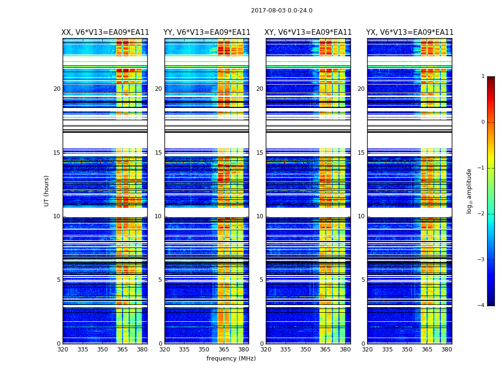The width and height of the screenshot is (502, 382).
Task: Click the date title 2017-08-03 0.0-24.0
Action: pos(282,11)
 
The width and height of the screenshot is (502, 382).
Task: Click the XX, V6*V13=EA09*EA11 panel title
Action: pos(105,32)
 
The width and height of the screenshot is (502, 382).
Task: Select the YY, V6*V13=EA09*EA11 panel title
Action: pos(207,32)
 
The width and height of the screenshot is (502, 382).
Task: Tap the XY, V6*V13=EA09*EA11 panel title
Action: pos(308,32)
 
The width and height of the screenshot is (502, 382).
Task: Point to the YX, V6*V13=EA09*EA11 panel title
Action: pos(410,32)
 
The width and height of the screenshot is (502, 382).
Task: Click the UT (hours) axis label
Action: pos(47,191)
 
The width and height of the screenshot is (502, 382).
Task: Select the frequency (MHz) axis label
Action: pos(231,359)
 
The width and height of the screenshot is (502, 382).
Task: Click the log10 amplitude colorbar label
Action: pos(469,191)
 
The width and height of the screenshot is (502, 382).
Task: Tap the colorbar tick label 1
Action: pos(482,76)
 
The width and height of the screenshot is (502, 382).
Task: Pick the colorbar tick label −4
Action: pos(481,306)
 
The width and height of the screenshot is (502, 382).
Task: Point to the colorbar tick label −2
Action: pos(481,214)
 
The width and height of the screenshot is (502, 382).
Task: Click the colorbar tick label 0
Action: pos(482,122)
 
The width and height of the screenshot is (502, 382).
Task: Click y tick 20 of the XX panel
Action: pos(57,89)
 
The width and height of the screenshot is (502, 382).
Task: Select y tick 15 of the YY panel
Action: pos(158,153)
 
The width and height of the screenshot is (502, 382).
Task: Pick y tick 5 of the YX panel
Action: pos(363,280)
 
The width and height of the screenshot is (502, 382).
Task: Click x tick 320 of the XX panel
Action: pos(63,350)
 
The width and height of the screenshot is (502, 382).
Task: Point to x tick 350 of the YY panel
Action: pos(204,350)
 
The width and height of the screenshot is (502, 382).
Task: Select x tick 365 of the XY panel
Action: pos(325,350)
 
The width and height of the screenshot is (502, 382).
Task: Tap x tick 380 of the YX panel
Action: pos(447,350)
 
